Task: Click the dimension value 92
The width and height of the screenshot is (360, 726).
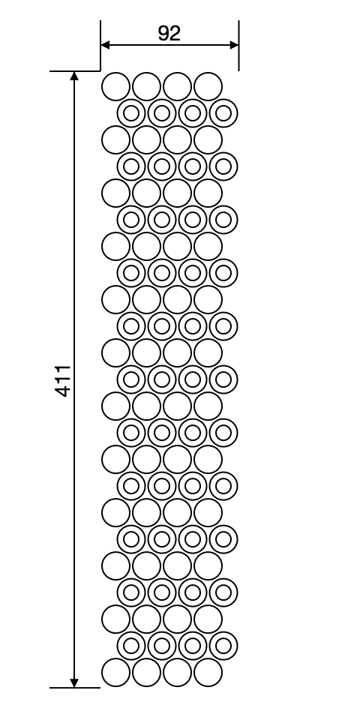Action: point(169,33)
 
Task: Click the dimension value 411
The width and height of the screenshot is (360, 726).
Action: point(64,380)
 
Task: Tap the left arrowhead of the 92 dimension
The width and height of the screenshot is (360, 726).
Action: point(105,45)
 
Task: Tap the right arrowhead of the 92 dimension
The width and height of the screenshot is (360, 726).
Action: point(234,45)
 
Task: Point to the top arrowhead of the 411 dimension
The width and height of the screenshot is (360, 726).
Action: point(74,76)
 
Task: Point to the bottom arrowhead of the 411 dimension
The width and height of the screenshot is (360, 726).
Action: point(74,683)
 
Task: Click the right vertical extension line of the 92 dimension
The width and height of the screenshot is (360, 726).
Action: point(238,45)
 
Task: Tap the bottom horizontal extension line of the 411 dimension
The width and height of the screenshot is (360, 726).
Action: point(75,688)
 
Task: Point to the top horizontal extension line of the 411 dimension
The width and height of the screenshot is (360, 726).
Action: point(75,71)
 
